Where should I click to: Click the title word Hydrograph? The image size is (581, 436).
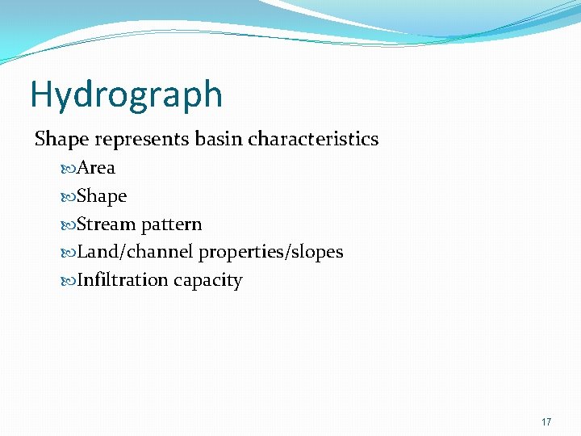[x=126, y=94]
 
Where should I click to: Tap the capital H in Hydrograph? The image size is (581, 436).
[x=41, y=94]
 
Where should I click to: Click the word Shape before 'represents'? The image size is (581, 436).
[x=61, y=139]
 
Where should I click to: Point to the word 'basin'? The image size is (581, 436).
[x=218, y=139]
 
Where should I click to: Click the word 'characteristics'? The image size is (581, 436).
[x=313, y=139]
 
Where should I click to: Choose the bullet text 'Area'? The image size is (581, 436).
[x=96, y=168]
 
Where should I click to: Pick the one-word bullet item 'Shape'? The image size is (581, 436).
[x=102, y=196]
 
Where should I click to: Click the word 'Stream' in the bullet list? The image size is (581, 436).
[x=106, y=224]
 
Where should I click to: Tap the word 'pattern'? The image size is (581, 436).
[x=171, y=224]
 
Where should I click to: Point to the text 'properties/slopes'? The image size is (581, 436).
[x=271, y=252]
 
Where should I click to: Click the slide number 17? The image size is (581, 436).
[x=546, y=422]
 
